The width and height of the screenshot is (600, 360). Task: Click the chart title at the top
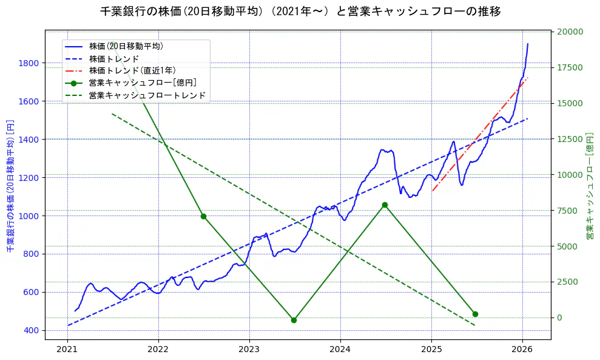tap(300, 12)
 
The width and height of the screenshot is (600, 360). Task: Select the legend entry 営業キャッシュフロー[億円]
tap(143, 83)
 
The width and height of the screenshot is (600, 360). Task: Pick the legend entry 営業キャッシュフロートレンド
tap(147, 96)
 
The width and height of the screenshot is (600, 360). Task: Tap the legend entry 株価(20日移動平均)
tap(126, 46)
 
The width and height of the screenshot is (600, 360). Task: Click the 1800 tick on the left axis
tap(29, 63)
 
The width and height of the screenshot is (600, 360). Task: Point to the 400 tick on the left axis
tap(31, 330)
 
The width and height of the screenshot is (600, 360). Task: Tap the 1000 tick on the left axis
tap(29, 216)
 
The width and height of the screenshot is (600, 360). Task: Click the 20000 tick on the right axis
tap(570, 32)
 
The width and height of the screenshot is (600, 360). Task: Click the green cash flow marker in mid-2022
tap(203, 216)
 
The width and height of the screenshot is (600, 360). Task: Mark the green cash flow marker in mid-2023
tap(294, 320)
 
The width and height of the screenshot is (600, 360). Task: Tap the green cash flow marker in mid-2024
tap(385, 205)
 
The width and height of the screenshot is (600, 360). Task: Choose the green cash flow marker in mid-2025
tap(475, 314)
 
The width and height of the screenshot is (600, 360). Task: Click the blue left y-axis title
tap(10, 185)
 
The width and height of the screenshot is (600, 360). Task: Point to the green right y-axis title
tap(589, 185)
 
